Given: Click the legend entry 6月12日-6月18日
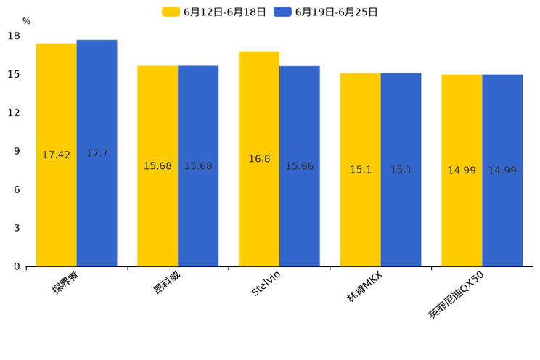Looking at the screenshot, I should (x=214, y=12).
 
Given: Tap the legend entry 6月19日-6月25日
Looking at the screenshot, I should (x=326, y=12).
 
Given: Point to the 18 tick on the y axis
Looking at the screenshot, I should (x=14, y=36).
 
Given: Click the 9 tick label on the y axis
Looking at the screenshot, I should (x=17, y=151).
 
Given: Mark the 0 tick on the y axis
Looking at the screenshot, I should (x=17, y=266).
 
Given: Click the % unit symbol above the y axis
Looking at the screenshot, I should (x=26, y=22).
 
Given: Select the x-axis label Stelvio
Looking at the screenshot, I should (x=266, y=282).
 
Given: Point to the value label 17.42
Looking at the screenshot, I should (x=57, y=155).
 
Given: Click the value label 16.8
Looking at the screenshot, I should (x=259, y=159).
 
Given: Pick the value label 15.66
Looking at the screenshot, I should (x=300, y=166).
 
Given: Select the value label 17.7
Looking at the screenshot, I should (x=97, y=153).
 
